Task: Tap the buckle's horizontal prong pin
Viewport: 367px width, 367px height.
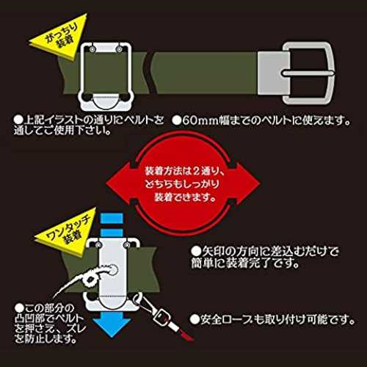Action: click(308, 73)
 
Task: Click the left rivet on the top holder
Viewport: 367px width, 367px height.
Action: click(92, 49)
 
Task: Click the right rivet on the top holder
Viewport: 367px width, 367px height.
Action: click(120, 49)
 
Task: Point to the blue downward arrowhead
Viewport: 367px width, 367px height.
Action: click(113, 326)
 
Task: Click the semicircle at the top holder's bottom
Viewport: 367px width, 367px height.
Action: click(106, 102)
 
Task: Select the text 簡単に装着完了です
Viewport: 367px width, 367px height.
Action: click(245, 263)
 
